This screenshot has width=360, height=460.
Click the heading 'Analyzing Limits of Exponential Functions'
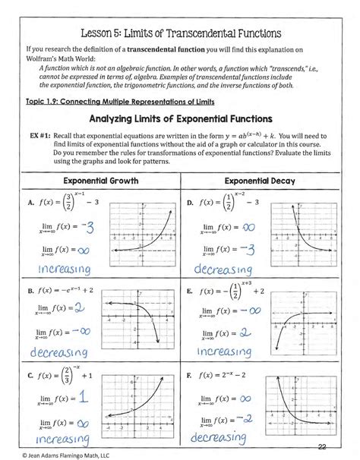(x=180, y=119)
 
